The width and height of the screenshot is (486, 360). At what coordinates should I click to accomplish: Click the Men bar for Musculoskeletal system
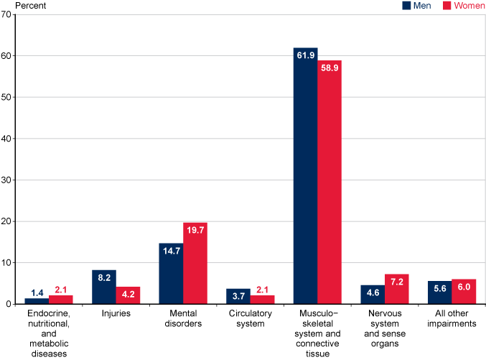(305, 176)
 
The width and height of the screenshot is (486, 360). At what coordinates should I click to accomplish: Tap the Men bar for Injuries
(104, 287)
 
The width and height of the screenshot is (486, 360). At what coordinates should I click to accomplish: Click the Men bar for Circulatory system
(238, 296)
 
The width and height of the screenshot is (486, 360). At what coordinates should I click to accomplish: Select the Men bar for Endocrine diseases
(37, 300)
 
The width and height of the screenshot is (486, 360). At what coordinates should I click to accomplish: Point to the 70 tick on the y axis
(7, 14)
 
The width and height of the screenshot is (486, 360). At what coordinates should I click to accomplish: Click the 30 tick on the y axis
(7, 180)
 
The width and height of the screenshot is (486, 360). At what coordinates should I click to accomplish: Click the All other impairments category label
(452, 319)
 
